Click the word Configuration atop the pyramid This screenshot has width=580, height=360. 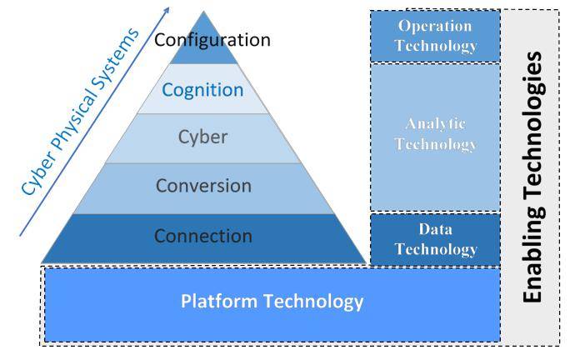coord(212,39)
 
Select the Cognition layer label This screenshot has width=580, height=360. coord(203,89)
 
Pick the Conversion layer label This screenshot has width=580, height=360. coord(203,186)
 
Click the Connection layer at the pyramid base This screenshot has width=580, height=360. coord(203,236)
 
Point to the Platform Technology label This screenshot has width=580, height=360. coord(272,301)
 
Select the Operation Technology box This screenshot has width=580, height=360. coord(435,36)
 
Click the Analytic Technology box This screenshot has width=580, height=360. coord(435,133)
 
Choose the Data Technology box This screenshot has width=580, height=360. coord(435,238)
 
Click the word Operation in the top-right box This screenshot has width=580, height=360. coord(435,27)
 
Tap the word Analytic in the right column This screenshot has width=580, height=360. coord(435,124)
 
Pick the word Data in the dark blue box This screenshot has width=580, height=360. coord(435,229)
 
